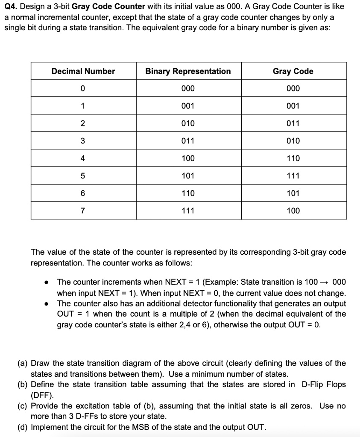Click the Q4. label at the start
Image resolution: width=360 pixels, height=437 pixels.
point(11,7)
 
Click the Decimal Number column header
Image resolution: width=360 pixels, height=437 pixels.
point(83,71)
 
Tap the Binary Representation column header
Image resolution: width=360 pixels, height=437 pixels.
point(188,71)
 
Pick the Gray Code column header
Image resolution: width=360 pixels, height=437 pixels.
point(293,71)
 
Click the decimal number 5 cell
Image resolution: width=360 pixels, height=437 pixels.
point(83,176)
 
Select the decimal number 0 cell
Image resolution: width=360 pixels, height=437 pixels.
point(83,89)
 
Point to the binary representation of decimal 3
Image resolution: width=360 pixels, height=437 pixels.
point(188,141)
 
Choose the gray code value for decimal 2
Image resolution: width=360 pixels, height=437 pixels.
point(293,124)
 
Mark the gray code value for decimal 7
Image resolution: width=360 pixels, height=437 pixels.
point(293,211)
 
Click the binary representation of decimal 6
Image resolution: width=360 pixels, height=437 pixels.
point(188,193)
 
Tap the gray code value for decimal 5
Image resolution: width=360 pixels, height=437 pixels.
point(293,176)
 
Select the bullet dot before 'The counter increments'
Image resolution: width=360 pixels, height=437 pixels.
point(45,283)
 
